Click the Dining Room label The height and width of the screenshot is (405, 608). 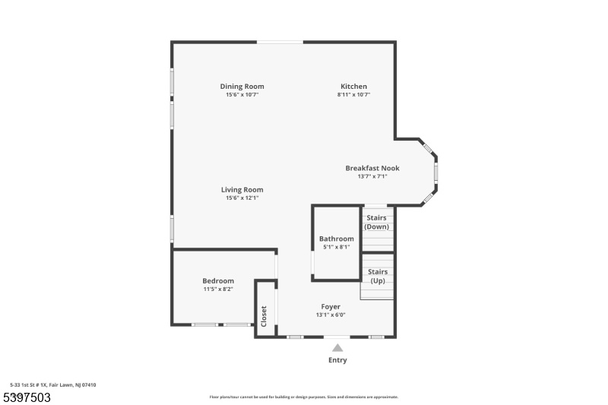point(242,87)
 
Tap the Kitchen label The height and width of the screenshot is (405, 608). point(353,87)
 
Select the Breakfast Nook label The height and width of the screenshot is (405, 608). point(372,168)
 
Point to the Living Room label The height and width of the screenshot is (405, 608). point(242,190)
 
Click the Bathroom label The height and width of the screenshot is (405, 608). point(337,239)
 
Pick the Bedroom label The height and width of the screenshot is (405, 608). point(218,281)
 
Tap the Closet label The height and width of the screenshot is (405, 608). point(264,316)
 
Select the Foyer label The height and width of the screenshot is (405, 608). point(331,307)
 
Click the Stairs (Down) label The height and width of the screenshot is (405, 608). point(376,222)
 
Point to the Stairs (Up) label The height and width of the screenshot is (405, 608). point(378,276)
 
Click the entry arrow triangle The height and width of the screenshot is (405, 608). point(337,348)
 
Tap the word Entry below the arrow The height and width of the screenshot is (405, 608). point(337,360)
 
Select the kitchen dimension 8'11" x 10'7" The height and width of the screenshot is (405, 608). point(353,94)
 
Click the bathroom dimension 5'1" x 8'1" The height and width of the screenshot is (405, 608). point(337,247)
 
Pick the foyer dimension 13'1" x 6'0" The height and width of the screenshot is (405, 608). point(331,315)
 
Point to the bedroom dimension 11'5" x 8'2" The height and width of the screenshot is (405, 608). point(218,289)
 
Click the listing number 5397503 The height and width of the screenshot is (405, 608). point(27,397)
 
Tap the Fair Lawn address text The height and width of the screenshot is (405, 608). point(53,384)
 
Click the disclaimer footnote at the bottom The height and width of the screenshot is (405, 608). point(303,397)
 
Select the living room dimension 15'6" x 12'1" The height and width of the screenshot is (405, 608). point(242,198)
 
